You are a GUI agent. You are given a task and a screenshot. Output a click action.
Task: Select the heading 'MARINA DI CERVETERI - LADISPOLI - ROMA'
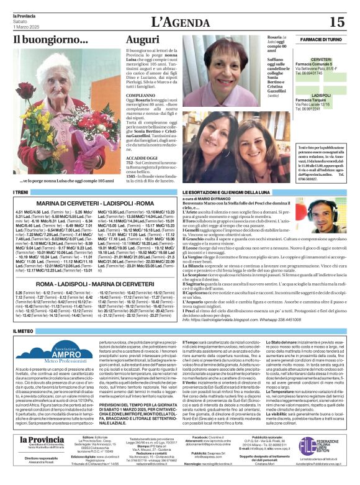pyautogui.click(x=87, y=203)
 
